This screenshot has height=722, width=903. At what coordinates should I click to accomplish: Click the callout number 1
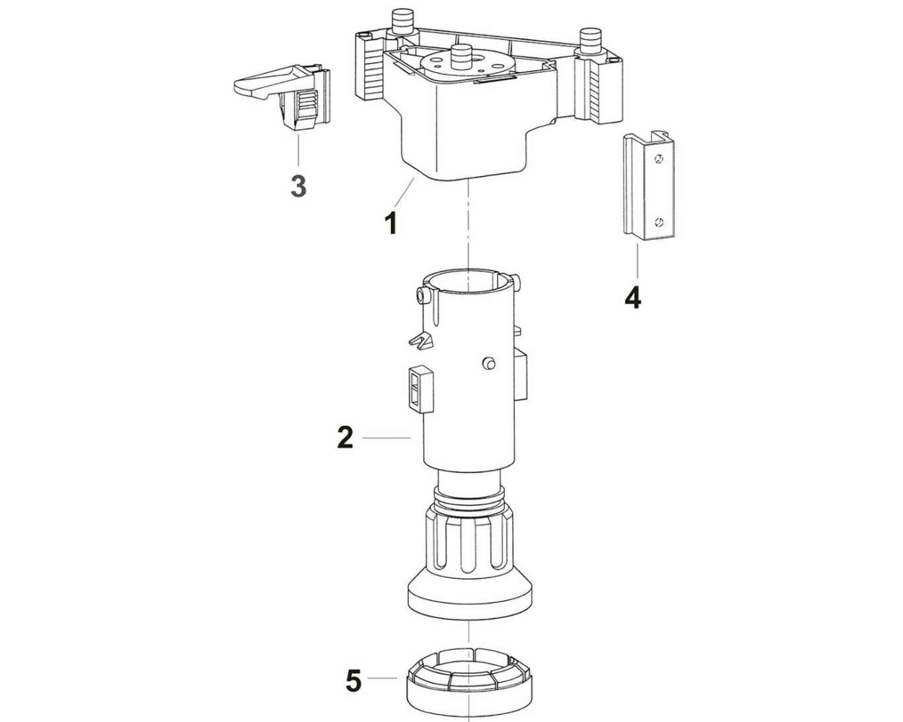(391, 223)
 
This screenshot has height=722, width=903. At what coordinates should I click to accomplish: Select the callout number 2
(345, 438)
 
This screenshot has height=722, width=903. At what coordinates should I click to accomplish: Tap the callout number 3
(298, 186)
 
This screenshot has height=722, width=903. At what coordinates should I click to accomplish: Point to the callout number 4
(633, 298)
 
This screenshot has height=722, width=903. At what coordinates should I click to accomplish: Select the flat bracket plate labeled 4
(649, 186)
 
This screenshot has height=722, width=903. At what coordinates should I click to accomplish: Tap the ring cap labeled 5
(469, 676)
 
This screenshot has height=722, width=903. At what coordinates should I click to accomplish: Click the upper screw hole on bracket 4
(659, 159)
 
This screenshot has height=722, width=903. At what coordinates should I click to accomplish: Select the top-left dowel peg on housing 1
(402, 22)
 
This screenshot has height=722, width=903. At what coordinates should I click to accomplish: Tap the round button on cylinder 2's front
(489, 363)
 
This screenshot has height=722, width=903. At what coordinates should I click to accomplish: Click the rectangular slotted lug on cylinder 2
(421, 388)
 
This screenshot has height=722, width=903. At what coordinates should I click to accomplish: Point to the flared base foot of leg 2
(470, 596)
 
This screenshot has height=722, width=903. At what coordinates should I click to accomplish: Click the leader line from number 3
(298, 150)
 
